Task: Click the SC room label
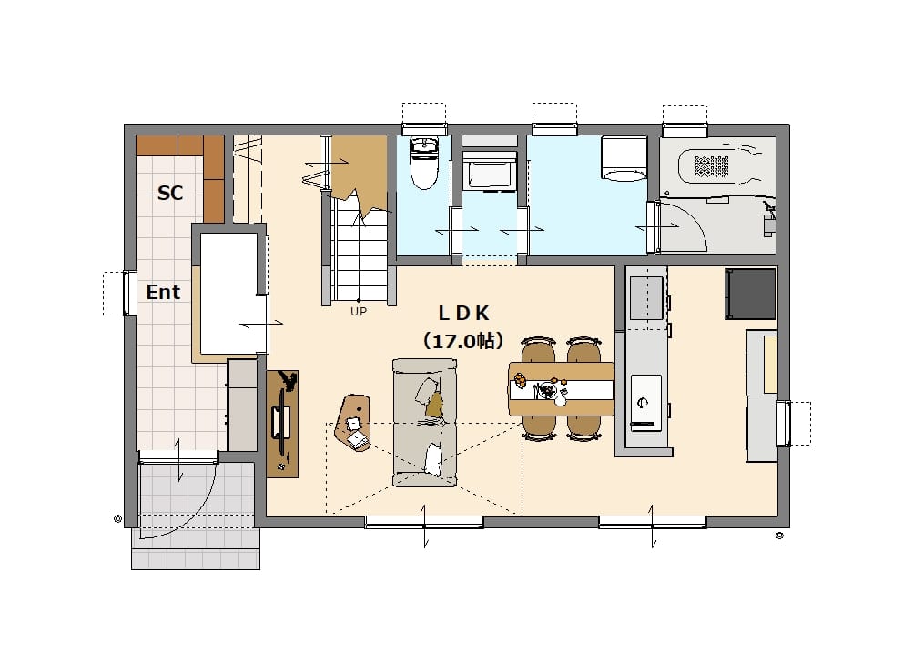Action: pyautogui.click(x=170, y=193)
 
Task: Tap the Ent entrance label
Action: pyautogui.click(x=163, y=292)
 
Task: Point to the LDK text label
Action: pyautogui.click(x=463, y=314)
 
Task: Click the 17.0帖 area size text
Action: pyautogui.click(x=463, y=341)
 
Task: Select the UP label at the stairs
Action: pyautogui.click(x=359, y=312)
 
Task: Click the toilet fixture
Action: pyautogui.click(x=424, y=163)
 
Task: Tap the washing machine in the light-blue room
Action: pyautogui.click(x=624, y=158)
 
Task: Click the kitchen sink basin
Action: pyautogui.click(x=646, y=297)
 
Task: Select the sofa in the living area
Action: pyautogui.click(x=424, y=423)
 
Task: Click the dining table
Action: pyautogui.click(x=562, y=388)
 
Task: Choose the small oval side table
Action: pyautogui.click(x=353, y=423)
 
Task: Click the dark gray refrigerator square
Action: pyautogui.click(x=751, y=294)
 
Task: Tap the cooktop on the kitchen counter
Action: pyautogui.click(x=645, y=403)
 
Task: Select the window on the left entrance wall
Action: pyautogui.click(x=130, y=294)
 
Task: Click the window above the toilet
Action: pyautogui.click(x=424, y=128)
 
